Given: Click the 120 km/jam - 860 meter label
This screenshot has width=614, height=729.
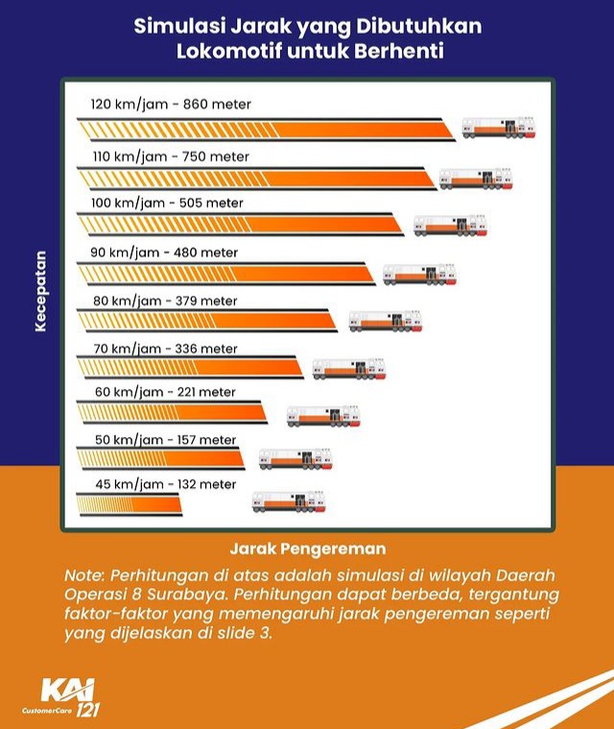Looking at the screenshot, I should tap(170, 104).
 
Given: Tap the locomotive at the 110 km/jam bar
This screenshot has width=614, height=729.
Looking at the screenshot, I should tap(476, 178).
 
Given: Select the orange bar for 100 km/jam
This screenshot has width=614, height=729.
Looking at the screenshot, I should tap(240, 224).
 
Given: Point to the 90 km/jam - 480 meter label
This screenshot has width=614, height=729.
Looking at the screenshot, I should tap(164, 253).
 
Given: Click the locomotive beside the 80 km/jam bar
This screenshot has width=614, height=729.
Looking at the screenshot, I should tap(385, 321).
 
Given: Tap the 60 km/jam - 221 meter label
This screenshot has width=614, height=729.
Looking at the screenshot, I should tap(164, 392).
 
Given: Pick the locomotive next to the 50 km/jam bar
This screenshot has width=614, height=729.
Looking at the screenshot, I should tap(295, 458).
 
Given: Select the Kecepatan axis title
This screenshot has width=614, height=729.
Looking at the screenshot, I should tap(40, 290).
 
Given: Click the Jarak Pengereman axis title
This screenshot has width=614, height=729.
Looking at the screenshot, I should tap(307, 549).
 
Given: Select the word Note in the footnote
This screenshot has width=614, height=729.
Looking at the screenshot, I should tap(84, 574).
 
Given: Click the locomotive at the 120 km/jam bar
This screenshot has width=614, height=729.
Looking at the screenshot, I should tap(498, 127).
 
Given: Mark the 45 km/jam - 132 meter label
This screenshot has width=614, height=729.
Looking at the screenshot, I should tap(164, 484).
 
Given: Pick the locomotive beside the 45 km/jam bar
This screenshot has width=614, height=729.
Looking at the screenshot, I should tap(289, 500).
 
